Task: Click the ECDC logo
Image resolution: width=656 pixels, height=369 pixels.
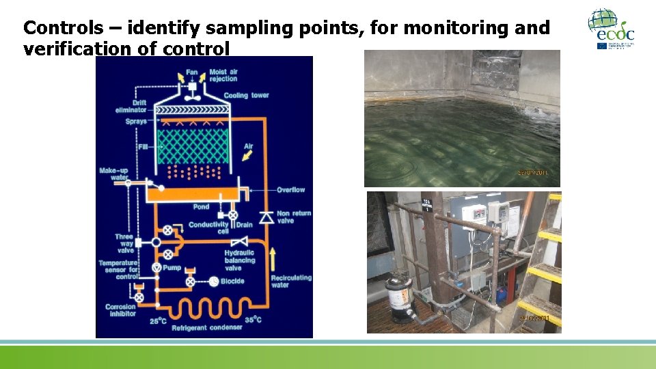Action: pos(611,29)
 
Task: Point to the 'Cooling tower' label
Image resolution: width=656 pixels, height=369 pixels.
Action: pos(246,96)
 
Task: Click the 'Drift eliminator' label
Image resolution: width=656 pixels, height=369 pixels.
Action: pos(131,106)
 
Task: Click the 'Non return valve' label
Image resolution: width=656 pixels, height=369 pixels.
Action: pos(294,217)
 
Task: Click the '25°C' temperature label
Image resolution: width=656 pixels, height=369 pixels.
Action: pos(158,319)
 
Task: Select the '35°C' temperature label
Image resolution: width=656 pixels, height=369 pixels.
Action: pos(254,319)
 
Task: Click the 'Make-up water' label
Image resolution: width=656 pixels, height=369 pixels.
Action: pos(114,174)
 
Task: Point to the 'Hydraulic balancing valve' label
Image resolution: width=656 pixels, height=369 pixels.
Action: pos(239,260)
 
